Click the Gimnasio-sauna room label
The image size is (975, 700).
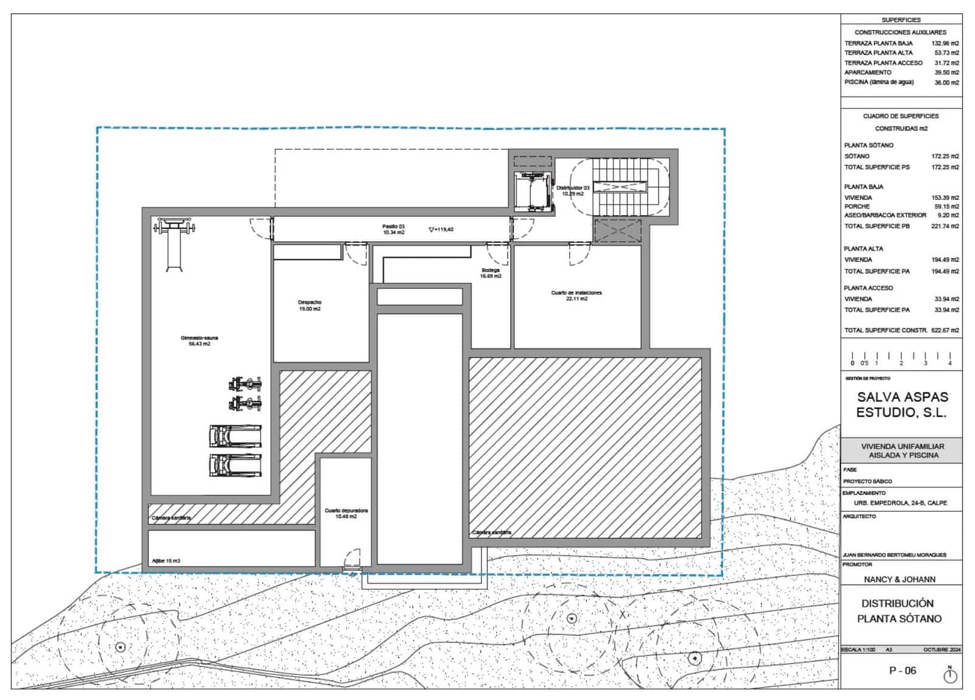pyautogui.click(x=199, y=341)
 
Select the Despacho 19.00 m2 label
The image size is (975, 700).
pyautogui.click(x=310, y=305)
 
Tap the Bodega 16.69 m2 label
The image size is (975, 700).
pyautogui.click(x=491, y=273)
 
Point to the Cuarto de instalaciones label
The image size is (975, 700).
pyautogui.click(x=576, y=295)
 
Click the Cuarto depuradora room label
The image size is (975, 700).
pyautogui.click(x=346, y=513)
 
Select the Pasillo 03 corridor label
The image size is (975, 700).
pyautogui.click(x=394, y=229)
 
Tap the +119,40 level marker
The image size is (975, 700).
pyautogui.click(x=441, y=230)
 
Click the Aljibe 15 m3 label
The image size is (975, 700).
pyautogui.click(x=166, y=560)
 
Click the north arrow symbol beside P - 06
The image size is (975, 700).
pyautogui.click(x=950, y=674)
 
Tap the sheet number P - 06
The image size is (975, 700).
pyautogui.click(x=902, y=671)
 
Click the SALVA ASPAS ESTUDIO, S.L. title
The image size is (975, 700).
pyautogui.click(x=902, y=405)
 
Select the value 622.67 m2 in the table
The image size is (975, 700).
pyautogui.click(x=945, y=330)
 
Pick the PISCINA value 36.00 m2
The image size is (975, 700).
pyautogui.click(x=946, y=82)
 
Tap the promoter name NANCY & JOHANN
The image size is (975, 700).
pyautogui.click(x=899, y=579)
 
